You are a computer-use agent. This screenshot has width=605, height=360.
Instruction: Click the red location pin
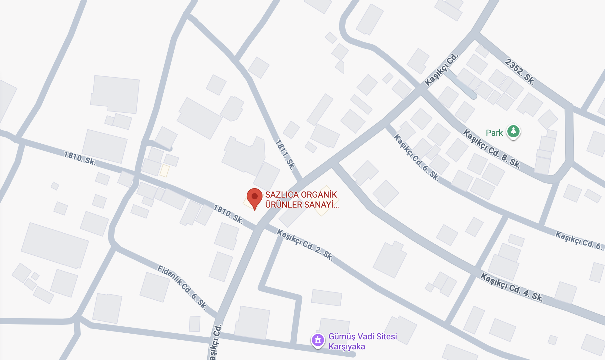click(x=255, y=197)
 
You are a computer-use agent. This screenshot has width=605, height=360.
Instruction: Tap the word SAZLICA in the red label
click(x=278, y=195)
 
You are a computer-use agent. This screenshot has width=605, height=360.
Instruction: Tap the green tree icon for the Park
click(x=513, y=132)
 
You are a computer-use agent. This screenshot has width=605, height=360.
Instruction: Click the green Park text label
click(x=494, y=133)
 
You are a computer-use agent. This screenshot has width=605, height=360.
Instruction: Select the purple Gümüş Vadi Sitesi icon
click(x=318, y=340)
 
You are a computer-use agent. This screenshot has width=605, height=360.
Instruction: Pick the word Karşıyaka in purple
click(x=347, y=347)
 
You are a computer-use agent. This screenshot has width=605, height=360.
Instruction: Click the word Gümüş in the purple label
click(x=340, y=336)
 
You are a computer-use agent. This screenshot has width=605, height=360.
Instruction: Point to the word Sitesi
click(x=386, y=336)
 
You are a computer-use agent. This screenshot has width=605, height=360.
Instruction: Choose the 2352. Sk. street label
click(x=520, y=72)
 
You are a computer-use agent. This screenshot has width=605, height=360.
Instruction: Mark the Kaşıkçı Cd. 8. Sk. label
click(x=492, y=148)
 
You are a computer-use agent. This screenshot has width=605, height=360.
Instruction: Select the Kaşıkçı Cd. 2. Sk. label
click(x=305, y=245)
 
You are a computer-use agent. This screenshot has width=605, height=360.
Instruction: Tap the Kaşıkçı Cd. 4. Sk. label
click(x=512, y=287)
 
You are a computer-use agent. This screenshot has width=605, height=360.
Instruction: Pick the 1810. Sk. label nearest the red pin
click(x=228, y=214)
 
